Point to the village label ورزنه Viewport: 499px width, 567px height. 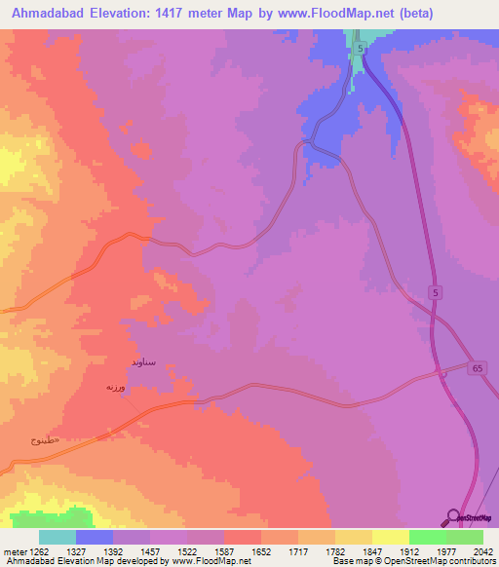pos(117,387)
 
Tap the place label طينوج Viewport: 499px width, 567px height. pos(43,440)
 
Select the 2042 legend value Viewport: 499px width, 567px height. pos(470,549)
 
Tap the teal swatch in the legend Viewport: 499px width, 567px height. pos(58,537)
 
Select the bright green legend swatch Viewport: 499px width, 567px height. pos(427,537)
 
